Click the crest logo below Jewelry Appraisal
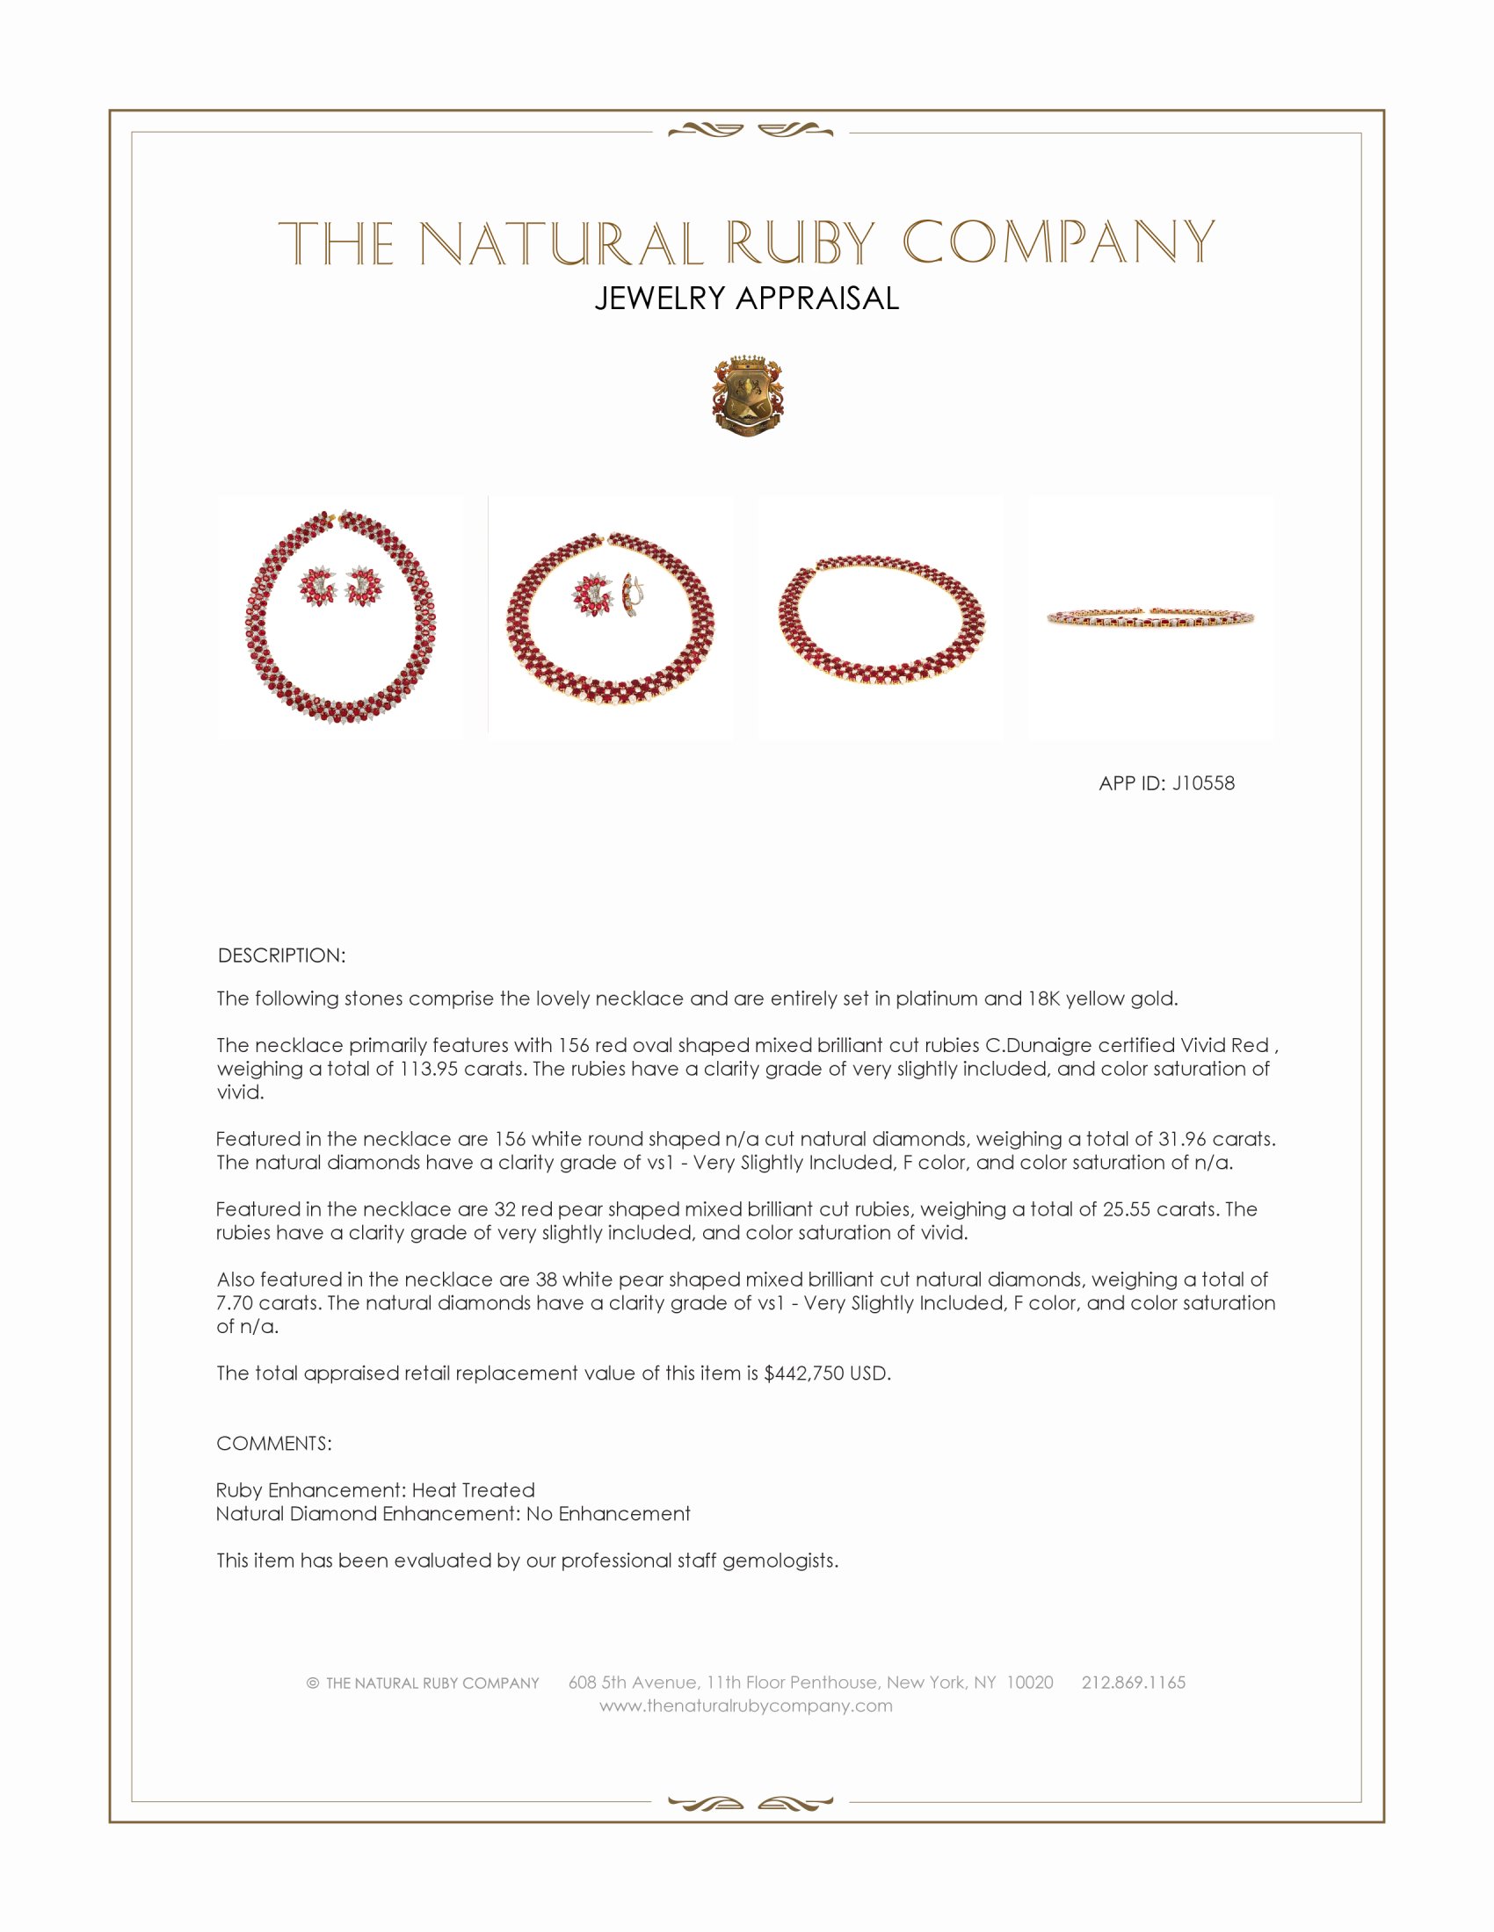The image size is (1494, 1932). pyautogui.click(x=747, y=397)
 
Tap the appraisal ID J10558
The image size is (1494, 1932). pyautogui.click(x=1203, y=782)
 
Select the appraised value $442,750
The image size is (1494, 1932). pyautogui.click(x=803, y=1373)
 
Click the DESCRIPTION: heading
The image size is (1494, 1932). pyautogui.click(x=281, y=955)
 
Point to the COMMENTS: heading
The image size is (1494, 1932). pyautogui.click(x=273, y=1443)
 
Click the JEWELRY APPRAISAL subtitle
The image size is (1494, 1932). pyautogui.click(x=746, y=299)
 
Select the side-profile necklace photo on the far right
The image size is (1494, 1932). pyautogui.click(x=1150, y=617)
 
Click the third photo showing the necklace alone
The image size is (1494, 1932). pyautogui.click(x=881, y=617)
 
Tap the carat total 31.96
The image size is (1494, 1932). pyautogui.click(x=1187, y=1139)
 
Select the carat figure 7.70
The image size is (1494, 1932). pyautogui.click(x=235, y=1303)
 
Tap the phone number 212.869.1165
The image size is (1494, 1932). pyautogui.click(x=1133, y=1683)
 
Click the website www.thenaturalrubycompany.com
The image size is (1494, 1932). pyautogui.click(x=745, y=1705)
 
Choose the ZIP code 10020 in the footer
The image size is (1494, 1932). pyautogui.click(x=1029, y=1683)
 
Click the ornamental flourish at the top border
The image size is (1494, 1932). pyautogui.click(x=750, y=131)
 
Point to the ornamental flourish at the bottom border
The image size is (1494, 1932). pyautogui.click(x=750, y=1803)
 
